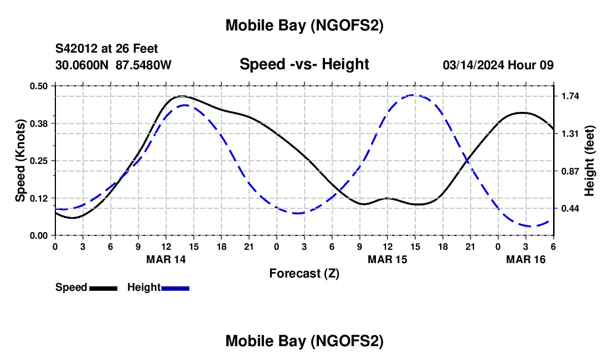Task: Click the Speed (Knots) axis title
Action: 20,160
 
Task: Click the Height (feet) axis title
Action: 589,161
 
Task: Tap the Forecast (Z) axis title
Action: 304,273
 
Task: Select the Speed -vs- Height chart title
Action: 304,64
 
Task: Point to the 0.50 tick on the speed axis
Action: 39,86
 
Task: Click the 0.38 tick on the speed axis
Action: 39,123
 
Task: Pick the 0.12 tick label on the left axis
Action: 39,198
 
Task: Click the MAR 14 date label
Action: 166,260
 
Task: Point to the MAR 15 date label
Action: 387,260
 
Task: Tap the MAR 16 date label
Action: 525,260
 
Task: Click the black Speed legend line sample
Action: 103,288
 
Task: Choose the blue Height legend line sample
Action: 175,288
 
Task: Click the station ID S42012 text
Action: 77,49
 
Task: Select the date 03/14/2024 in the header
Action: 473,65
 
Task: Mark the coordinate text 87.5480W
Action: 143,65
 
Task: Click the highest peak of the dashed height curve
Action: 414,95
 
